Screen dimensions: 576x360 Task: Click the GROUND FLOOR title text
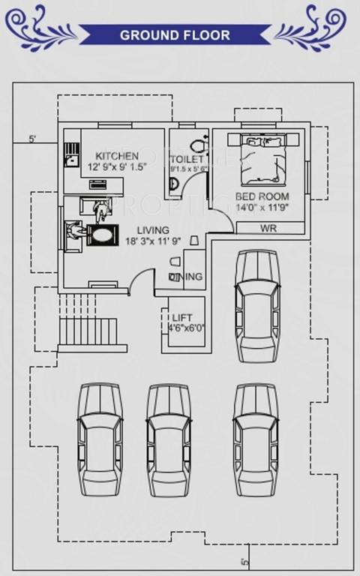click(x=175, y=35)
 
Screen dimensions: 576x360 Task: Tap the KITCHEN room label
click(x=116, y=155)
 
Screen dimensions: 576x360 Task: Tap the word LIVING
click(x=152, y=229)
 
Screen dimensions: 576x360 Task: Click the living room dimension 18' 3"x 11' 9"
click(x=152, y=241)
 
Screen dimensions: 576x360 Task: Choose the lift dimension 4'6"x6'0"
click(x=186, y=328)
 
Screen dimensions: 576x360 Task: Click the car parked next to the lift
click(x=256, y=306)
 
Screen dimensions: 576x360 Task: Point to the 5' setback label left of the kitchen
click(x=32, y=139)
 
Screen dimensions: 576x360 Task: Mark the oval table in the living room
click(x=101, y=235)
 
